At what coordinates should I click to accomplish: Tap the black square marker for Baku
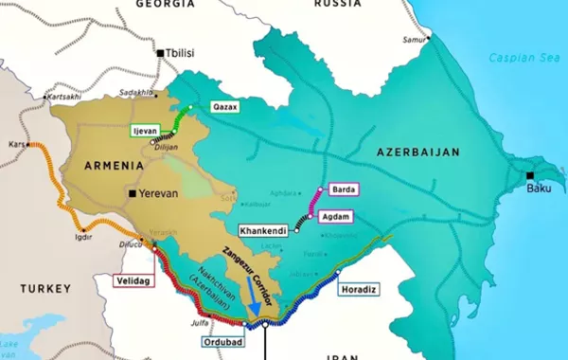(x=530, y=175)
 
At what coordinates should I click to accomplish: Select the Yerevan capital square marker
(x=132, y=193)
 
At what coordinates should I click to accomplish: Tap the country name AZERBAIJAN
(x=417, y=152)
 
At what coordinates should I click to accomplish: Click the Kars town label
(x=16, y=144)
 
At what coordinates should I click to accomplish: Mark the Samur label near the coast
(x=413, y=40)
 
